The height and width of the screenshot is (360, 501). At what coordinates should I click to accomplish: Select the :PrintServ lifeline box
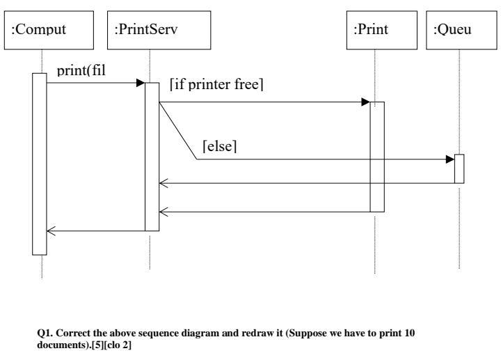click(149, 31)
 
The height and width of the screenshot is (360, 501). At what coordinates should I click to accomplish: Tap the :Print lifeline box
click(374, 31)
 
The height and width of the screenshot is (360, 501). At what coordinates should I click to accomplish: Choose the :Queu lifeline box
click(459, 31)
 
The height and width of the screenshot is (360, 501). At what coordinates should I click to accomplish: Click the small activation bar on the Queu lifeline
click(459, 169)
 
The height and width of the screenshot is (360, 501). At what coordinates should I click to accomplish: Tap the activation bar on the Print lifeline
click(376, 156)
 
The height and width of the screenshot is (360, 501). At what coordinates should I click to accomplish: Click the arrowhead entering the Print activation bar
click(365, 102)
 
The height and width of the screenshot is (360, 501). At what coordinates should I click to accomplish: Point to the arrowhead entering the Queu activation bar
click(450, 159)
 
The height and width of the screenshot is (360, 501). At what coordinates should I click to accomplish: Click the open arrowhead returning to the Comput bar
click(51, 231)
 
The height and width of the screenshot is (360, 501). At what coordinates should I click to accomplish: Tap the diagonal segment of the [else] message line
click(177, 131)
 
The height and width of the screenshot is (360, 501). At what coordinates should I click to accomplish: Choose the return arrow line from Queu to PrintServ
click(306, 184)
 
